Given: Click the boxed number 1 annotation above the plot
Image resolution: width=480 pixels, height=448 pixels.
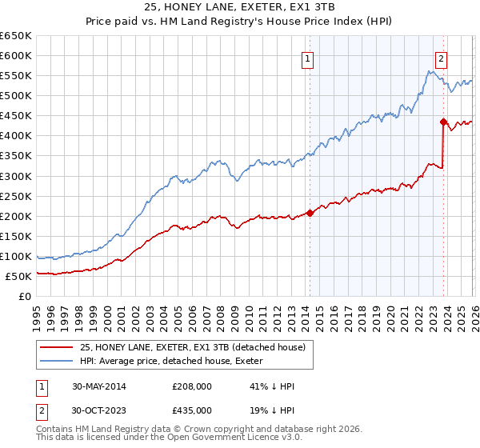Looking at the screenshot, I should [307, 57].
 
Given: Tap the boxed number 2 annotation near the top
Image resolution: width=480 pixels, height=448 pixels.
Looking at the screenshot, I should [441, 57].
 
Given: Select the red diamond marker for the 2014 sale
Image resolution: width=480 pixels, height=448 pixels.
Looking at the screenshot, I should [310, 213].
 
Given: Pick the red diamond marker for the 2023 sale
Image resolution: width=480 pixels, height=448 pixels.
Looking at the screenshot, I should [442, 122].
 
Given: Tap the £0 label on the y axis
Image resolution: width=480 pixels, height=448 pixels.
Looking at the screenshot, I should [24, 296].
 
